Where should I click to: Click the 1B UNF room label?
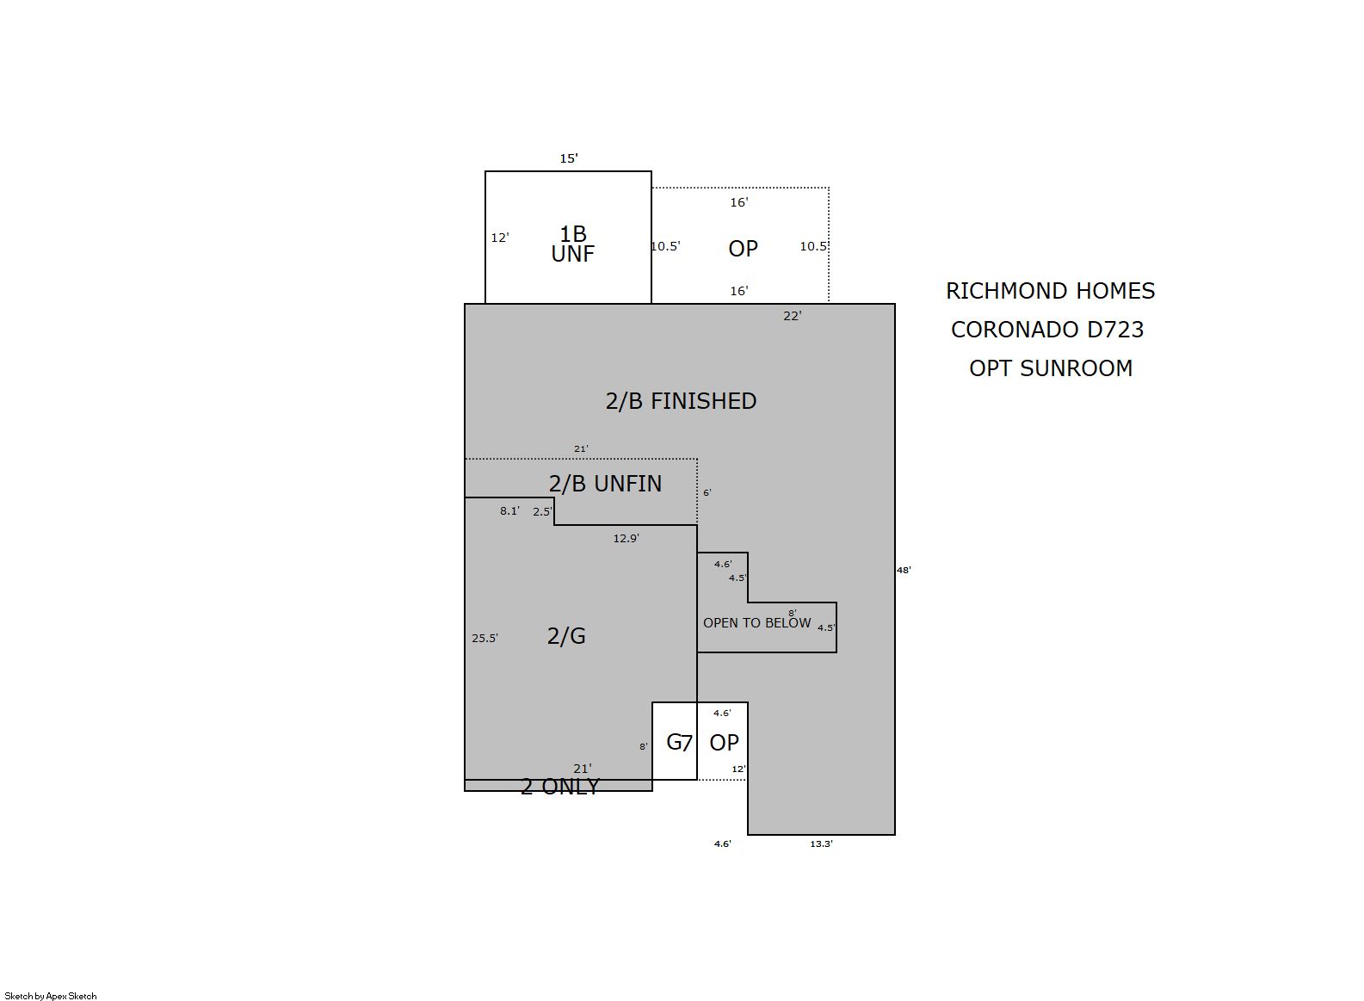tap(572, 244)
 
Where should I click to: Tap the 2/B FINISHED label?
tap(681, 401)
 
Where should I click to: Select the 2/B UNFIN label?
tap(605, 484)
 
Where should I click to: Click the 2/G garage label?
tap(566, 636)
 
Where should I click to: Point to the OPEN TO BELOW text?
tap(757, 623)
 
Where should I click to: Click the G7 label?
tap(679, 742)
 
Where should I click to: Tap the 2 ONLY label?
tap(560, 787)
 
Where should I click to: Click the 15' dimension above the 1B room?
tap(569, 158)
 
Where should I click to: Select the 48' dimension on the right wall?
tap(904, 570)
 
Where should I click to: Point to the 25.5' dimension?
tap(484, 638)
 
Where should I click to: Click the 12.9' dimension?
tap(626, 538)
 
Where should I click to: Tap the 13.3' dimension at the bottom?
tap(822, 843)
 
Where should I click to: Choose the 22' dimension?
tap(793, 315)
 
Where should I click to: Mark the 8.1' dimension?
tap(509, 511)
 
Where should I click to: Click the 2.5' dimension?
tap(542, 511)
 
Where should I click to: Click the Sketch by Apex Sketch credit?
tap(51, 996)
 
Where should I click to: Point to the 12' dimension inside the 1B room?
tap(500, 238)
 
